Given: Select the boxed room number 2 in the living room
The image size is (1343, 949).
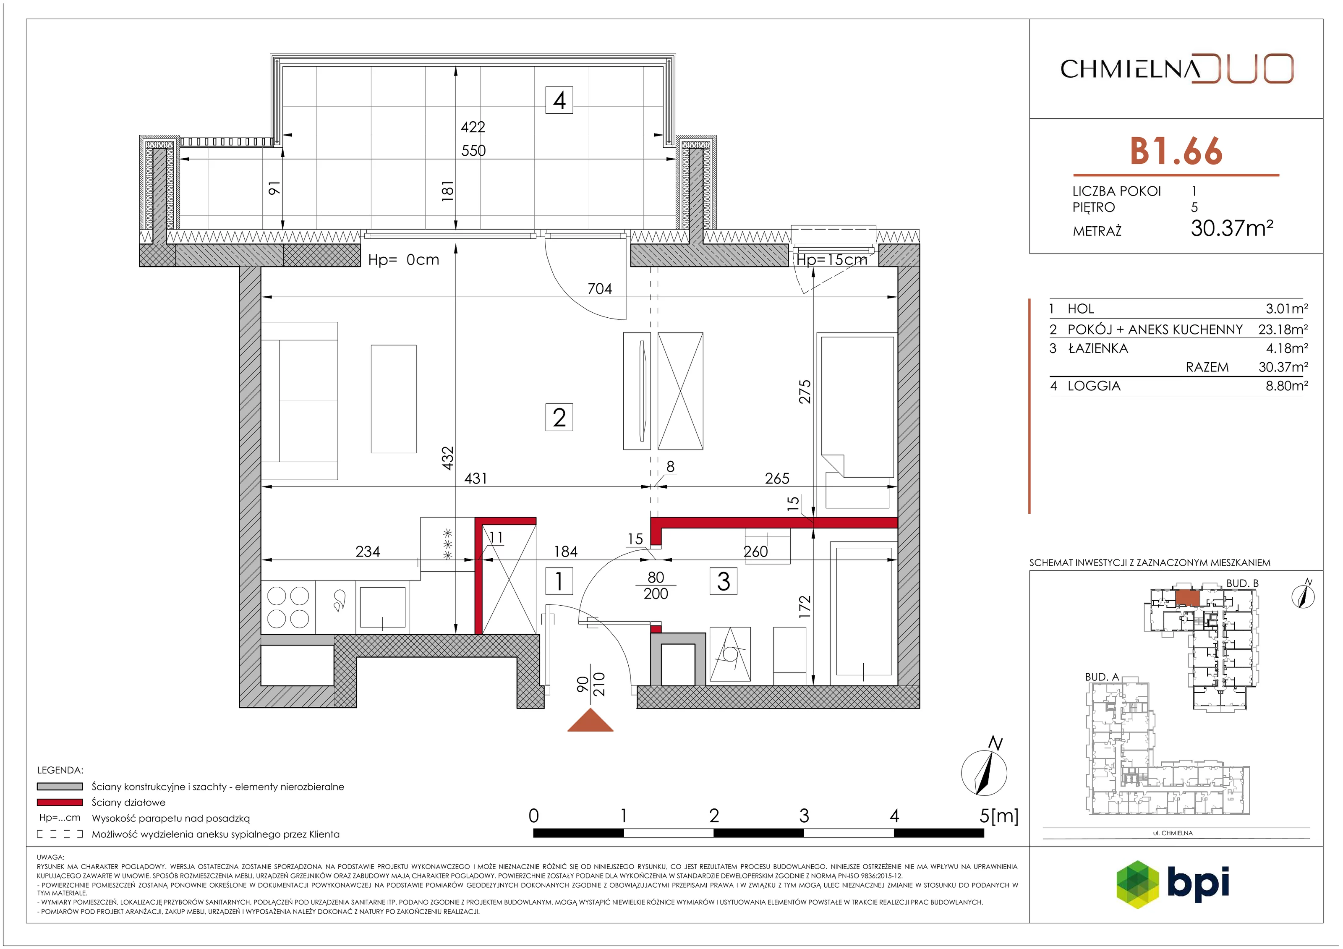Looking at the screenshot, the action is click(559, 417).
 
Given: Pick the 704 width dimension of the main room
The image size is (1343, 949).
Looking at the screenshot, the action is click(600, 288).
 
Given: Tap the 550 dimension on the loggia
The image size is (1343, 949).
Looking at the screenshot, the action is click(473, 150).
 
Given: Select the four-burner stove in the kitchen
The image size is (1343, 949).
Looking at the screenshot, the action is click(288, 607).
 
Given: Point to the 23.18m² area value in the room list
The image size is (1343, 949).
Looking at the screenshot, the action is click(1283, 329).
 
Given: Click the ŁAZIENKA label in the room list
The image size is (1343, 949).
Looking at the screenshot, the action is click(1098, 348).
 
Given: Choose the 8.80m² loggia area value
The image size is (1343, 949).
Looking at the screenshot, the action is click(1287, 386).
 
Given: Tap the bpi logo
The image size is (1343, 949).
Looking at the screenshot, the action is click(1173, 884).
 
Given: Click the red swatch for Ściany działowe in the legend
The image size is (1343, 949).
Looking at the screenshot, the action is click(60, 802).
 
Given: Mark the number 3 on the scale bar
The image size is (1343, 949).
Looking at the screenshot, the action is click(804, 816).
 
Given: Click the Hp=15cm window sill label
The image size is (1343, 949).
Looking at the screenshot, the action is click(831, 260).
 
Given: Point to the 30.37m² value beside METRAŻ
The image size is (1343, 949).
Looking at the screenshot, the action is click(1232, 227).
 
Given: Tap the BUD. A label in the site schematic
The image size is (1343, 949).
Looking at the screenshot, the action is click(1102, 677).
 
